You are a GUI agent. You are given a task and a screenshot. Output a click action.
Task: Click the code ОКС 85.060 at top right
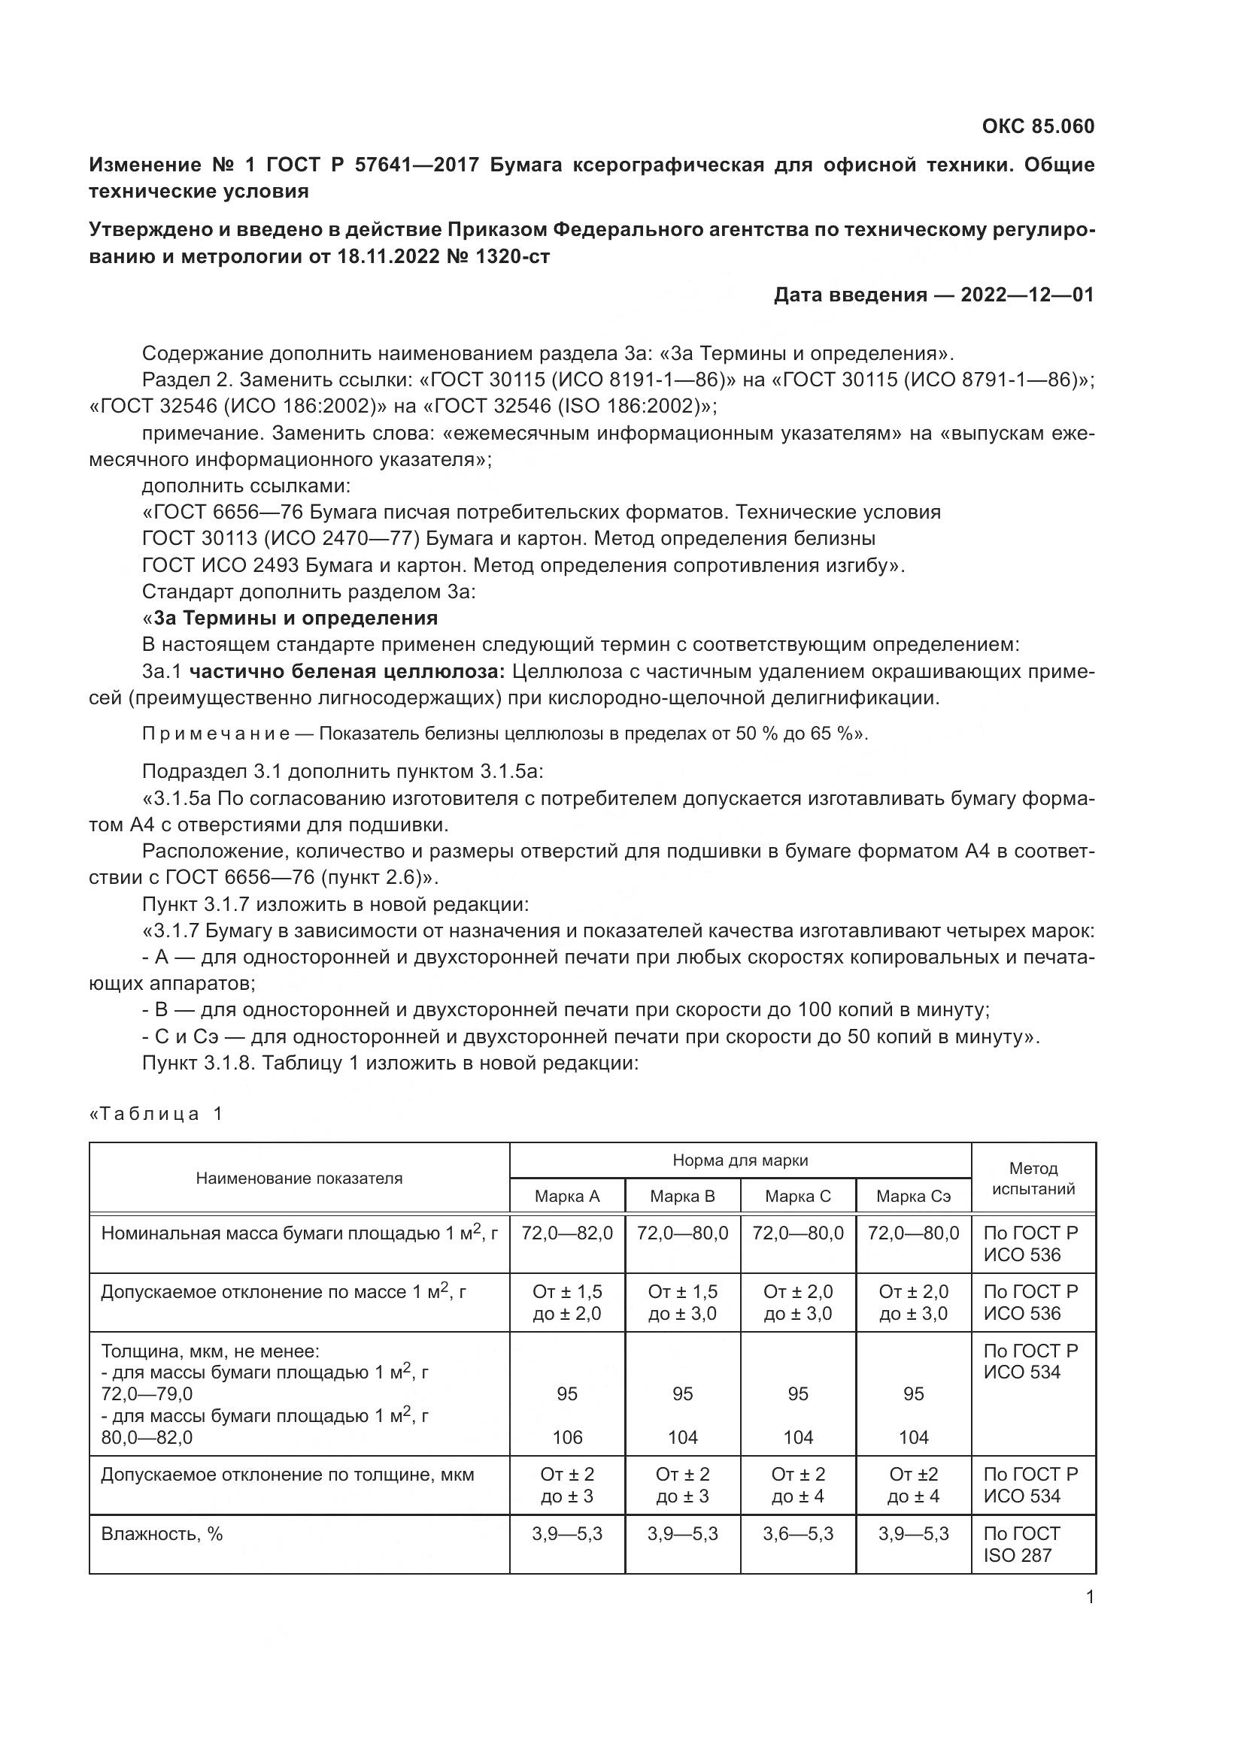1037,126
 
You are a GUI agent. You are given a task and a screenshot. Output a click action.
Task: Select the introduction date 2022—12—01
1027,295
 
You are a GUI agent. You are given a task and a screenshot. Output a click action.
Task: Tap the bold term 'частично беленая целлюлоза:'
347,671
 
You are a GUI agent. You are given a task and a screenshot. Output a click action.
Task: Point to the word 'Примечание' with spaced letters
216,734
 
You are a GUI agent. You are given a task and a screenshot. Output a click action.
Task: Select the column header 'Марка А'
567,1197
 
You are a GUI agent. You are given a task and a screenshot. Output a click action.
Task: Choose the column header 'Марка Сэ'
913,1197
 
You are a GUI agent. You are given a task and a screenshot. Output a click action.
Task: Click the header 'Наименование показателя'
299,1179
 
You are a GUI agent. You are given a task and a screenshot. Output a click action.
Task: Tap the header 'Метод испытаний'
1033,1179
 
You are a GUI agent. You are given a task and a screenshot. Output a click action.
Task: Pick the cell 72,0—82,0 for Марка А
567,1233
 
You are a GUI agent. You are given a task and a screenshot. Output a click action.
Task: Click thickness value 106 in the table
567,1438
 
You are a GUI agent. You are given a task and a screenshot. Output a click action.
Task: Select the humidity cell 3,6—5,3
797,1534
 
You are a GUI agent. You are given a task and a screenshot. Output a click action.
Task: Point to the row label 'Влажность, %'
162,1534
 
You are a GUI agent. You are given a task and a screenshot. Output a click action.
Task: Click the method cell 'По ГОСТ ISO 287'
1021,1545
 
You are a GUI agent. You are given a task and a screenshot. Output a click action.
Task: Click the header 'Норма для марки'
740,1160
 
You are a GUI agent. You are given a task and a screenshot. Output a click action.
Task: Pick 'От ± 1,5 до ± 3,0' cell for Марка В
682,1303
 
